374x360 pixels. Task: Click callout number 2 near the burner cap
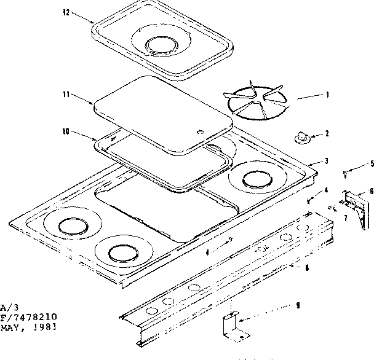[327, 133]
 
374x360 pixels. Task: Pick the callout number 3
[327, 161]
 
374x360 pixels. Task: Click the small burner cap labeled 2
[303, 138]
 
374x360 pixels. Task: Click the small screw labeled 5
[346, 174]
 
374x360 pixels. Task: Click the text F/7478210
[29, 317]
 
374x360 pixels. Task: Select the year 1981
[45, 326]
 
